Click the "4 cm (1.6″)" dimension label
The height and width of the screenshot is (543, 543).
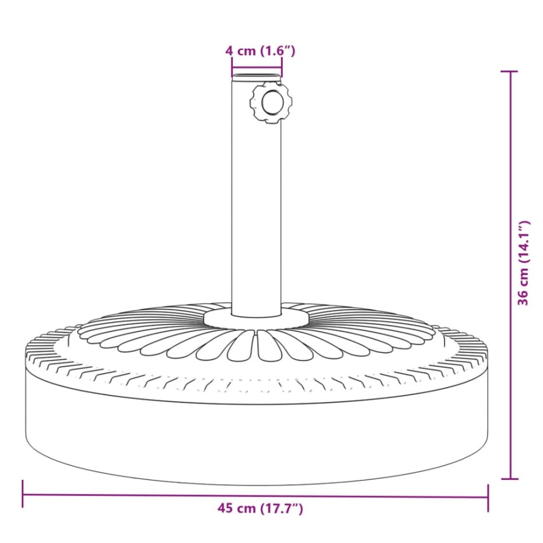[260, 51]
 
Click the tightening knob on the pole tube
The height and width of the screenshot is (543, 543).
[271, 103]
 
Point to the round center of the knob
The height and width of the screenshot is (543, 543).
[272, 104]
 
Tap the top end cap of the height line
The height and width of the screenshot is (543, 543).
[509, 72]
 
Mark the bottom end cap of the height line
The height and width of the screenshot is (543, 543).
[509, 478]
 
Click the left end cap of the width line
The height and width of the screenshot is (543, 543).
[23, 494]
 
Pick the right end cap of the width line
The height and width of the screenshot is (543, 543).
[488, 497]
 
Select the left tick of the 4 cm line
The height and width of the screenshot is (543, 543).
[232, 69]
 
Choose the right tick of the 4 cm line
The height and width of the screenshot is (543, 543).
[282, 69]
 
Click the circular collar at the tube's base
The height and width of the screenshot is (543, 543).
[256, 318]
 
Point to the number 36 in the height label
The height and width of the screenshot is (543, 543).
[524, 298]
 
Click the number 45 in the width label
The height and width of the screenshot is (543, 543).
[225, 508]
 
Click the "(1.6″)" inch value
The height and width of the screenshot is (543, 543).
[278, 51]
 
